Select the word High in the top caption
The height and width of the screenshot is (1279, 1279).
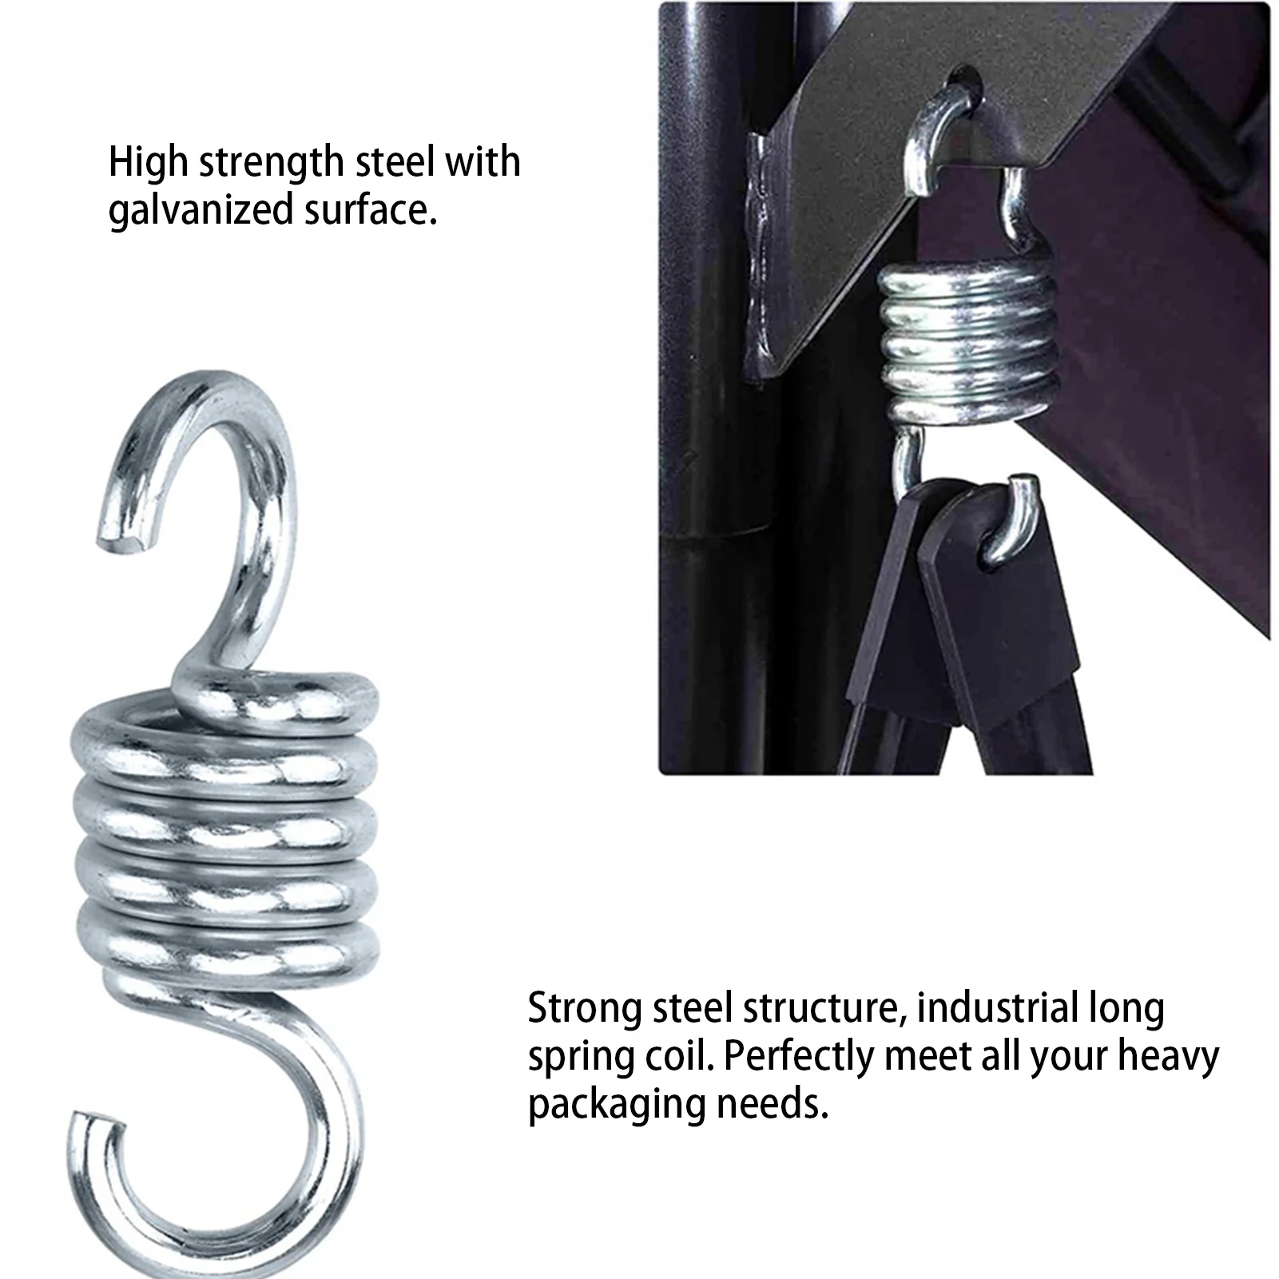[x=147, y=162]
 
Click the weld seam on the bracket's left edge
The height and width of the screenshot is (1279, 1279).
[x=759, y=256]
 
